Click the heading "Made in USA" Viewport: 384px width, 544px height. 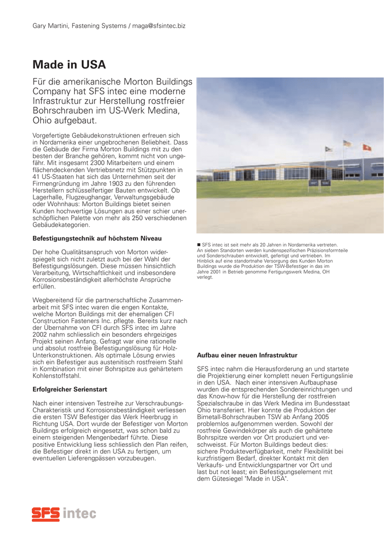pos(69,65)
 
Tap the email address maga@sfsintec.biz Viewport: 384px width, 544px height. pos(159,25)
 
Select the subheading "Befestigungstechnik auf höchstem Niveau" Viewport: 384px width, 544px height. pos(97,238)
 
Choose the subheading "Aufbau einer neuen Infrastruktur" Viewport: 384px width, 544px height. pos(247,355)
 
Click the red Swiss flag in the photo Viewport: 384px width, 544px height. pos(365,147)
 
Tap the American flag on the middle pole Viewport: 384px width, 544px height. pos(347,143)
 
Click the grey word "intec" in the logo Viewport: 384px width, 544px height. pos(80,513)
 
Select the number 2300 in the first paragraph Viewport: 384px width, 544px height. pos(88,164)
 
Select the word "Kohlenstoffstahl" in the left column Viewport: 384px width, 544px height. pos(57,376)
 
